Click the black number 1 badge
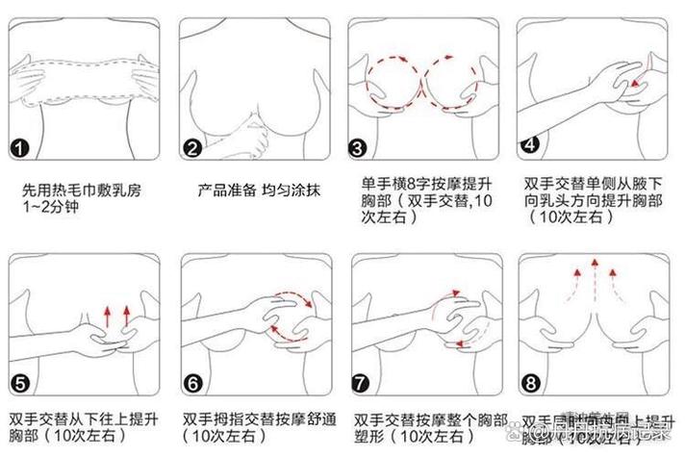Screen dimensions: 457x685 click(x=20, y=149)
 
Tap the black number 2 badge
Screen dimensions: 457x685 click(x=192, y=149)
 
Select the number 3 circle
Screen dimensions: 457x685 click(x=358, y=149)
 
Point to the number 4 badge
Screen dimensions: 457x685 click(x=529, y=146)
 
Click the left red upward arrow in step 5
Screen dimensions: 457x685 click(x=105, y=316)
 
